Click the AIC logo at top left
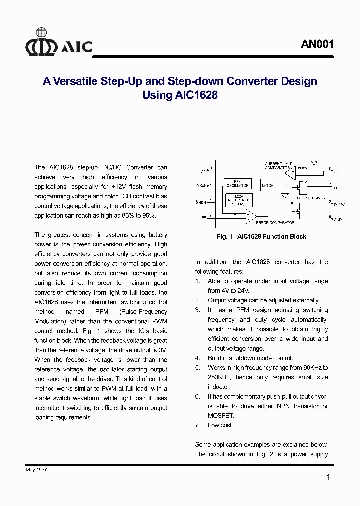59,43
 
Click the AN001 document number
317,44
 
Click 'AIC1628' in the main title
196,95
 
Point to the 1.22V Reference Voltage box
238,199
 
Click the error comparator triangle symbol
250,216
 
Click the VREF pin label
202,186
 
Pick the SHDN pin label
202,202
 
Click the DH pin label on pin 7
336,188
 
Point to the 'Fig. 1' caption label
225,237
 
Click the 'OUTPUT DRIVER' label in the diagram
311,198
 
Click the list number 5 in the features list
197,368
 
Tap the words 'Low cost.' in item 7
220,425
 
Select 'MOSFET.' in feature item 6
220,416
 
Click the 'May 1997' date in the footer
36,470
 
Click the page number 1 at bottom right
328,478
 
